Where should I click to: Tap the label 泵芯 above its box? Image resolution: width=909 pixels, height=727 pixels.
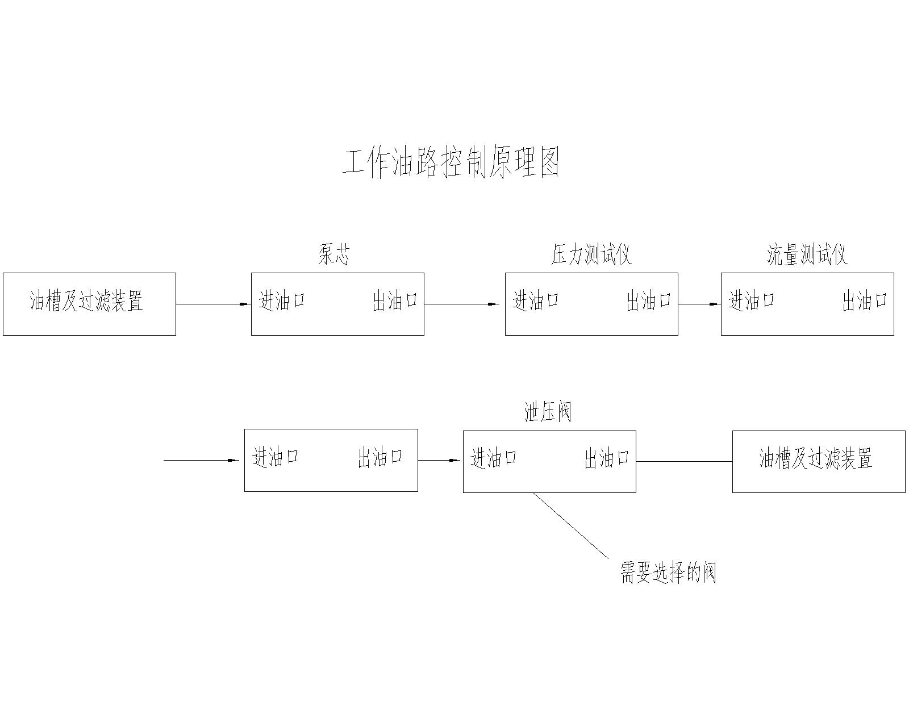334,255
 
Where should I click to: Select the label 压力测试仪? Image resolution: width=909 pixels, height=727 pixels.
591,255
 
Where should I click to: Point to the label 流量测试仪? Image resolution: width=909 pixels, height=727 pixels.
807,255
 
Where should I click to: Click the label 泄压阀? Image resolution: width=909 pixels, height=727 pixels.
548,412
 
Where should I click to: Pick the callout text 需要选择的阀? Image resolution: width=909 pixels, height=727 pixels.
668,573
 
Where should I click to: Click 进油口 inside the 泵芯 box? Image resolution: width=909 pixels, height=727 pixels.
282,300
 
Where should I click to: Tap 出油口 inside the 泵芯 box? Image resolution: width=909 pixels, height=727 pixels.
395,301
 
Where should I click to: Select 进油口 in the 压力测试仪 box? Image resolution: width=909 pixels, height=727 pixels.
536,300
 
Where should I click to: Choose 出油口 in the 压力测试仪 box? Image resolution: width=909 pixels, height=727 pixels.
649,301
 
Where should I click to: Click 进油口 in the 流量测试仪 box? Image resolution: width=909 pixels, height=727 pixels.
752,300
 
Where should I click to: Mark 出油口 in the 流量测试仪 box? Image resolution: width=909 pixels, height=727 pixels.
865,301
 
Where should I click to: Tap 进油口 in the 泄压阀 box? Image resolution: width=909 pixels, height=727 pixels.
494,458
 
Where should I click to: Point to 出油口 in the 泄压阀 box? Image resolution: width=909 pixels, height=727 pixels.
607,458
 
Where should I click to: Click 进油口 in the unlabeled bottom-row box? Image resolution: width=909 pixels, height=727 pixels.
276,457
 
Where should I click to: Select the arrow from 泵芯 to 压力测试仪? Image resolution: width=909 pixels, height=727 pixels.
461,304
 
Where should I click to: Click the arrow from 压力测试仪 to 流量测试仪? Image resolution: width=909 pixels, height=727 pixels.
699,304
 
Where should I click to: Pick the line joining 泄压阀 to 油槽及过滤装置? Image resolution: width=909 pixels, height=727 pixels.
684,461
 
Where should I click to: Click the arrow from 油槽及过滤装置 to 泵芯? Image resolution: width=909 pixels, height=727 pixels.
213,304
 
